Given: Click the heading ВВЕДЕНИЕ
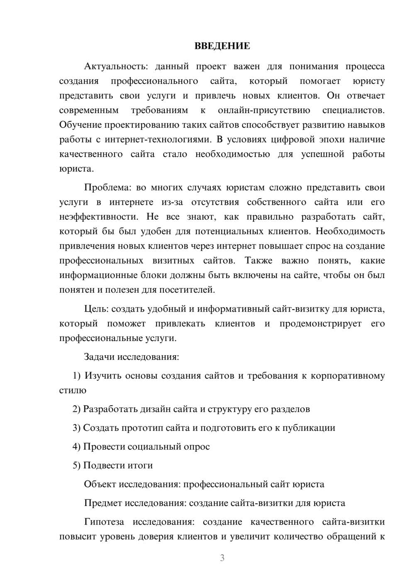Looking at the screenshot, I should pos(222,46).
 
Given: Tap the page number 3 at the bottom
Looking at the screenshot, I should pos(222,558).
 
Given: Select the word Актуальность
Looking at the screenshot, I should pos(110,66).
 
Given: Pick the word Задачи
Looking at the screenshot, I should pos(100,356).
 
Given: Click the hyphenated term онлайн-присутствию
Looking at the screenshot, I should pos(264,110).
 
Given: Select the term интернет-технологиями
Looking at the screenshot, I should pos(155,139).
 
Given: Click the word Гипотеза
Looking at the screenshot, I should pos(103,521).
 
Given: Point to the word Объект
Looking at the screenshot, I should pos(100,484).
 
